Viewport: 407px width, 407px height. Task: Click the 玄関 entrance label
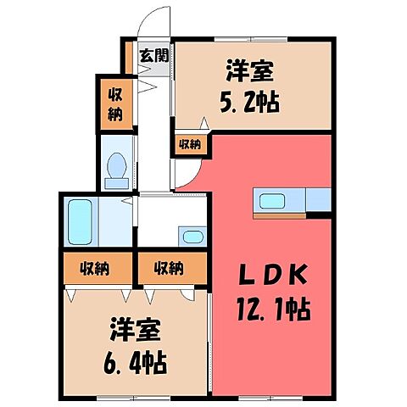(153, 57)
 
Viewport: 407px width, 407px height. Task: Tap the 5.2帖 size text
(252, 106)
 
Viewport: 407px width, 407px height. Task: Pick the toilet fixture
(115, 170)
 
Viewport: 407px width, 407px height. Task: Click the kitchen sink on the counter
(273, 203)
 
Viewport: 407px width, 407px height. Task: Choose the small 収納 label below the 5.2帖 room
(189, 144)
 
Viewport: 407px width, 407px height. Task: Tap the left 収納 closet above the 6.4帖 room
(95, 269)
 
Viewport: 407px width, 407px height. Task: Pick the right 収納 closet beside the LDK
(169, 269)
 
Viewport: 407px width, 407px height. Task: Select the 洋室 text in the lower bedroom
(136, 327)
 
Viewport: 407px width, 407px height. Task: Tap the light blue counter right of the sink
(317, 200)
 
